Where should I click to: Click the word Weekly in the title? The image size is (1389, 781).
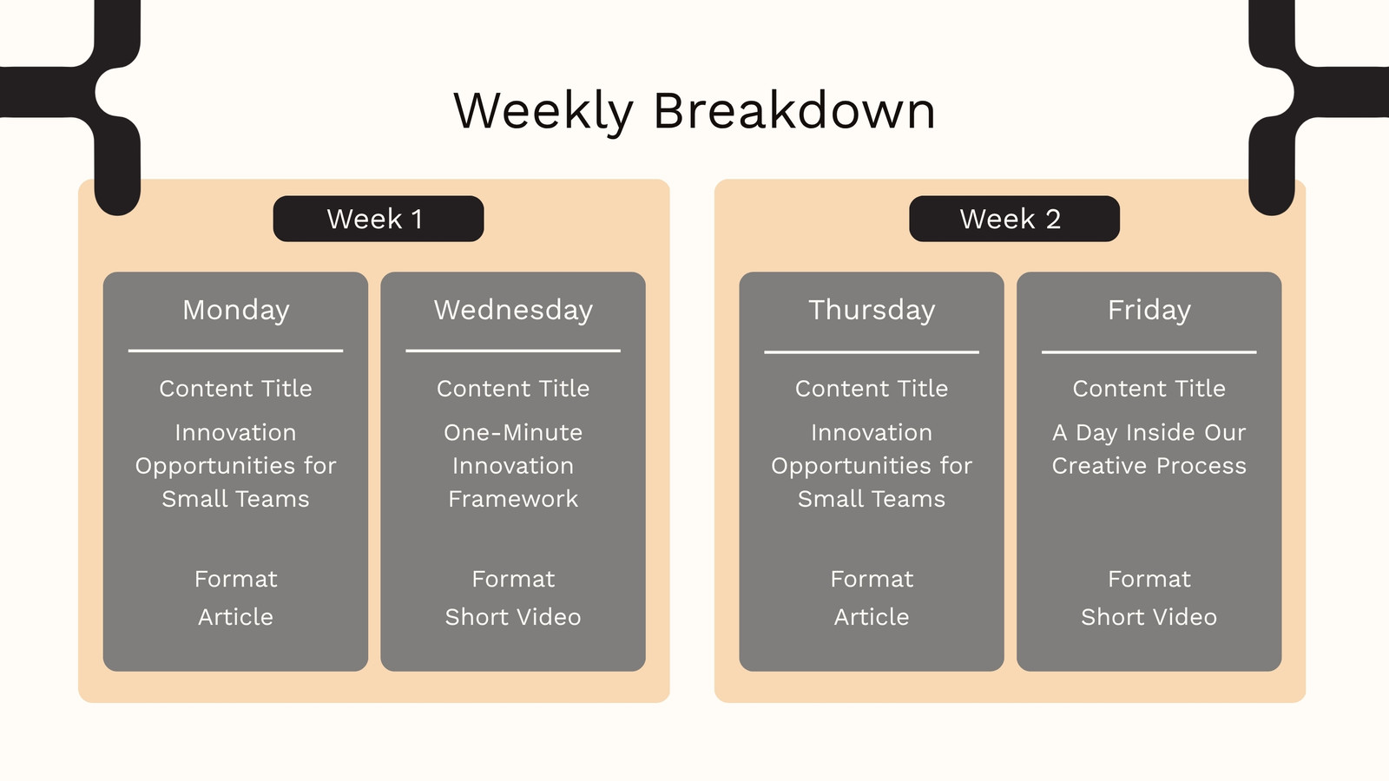[x=543, y=112]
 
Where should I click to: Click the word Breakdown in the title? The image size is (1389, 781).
[x=794, y=109]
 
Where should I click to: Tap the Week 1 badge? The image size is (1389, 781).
[x=379, y=219]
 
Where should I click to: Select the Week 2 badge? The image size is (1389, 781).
[x=1015, y=219]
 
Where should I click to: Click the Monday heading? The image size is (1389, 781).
[x=235, y=310]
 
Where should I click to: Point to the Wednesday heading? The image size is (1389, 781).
[x=513, y=310]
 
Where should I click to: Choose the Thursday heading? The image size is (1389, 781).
[x=872, y=310]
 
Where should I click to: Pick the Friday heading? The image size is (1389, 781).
[x=1149, y=310]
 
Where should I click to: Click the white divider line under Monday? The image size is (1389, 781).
[x=235, y=351]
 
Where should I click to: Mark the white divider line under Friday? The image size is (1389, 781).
[x=1149, y=352]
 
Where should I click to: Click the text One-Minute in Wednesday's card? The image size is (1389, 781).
[x=513, y=433]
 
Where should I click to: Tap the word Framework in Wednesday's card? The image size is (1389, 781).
[x=513, y=499]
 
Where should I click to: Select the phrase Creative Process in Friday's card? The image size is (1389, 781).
[x=1149, y=465]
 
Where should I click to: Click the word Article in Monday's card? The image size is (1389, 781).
[x=235, y=617]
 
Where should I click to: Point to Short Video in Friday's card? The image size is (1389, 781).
[x=1149, y=617]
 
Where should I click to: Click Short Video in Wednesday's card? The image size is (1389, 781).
[x=513, y=617]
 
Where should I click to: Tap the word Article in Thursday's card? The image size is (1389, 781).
[x=872, y=617]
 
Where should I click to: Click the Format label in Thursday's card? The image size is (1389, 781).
[x=872, y=579]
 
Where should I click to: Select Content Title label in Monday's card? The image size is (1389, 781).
[x=235, y=389]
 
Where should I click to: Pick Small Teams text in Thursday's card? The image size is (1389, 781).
[x=872, y=499]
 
